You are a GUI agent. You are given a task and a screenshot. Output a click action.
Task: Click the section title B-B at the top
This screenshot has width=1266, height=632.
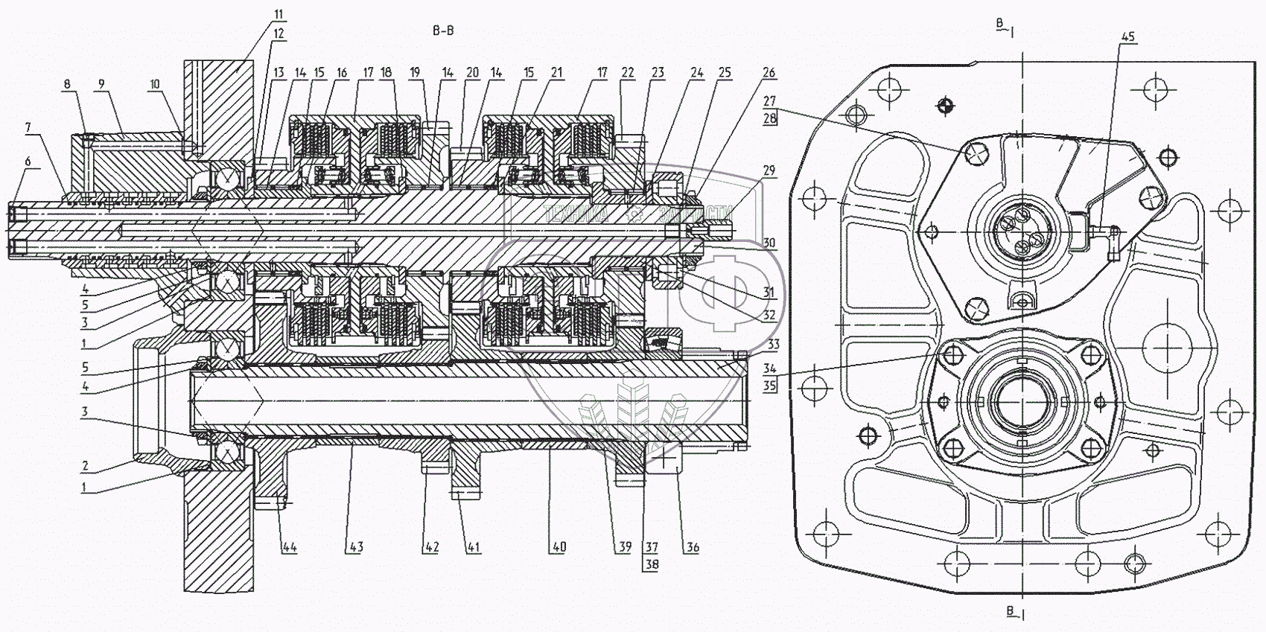(442, 31)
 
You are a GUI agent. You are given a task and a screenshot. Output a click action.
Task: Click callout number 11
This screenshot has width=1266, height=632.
(279, 15)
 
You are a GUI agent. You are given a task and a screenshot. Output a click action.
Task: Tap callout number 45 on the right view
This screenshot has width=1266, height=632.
(1128, 36)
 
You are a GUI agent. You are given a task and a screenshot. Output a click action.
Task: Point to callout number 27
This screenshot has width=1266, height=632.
(770, 101)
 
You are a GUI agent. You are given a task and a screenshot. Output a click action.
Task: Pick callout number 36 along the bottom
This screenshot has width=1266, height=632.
(693, 547)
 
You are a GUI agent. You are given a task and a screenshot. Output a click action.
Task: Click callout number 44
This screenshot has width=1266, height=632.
(289, 547)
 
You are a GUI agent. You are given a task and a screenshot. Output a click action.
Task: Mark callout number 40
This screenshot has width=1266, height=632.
(559, 547)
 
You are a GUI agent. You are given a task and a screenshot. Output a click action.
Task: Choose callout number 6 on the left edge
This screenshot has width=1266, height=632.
(28, 162)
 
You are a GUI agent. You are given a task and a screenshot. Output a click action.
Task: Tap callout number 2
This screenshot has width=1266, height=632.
(86, 466)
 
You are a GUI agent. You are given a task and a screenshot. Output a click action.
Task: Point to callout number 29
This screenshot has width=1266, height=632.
(769, 170)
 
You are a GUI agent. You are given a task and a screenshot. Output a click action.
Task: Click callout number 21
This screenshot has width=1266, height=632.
(556, 72)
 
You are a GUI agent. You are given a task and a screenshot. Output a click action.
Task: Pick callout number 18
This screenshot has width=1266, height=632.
(386, 72)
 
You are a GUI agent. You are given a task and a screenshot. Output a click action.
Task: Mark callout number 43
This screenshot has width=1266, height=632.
(355, 547)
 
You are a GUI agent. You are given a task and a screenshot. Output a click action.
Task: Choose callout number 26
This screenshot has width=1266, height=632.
(769, 72)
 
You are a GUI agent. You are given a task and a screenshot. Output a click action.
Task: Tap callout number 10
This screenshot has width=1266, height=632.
(154, 84)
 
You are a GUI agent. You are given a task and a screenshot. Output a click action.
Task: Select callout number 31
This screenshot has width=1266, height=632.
(769, 293)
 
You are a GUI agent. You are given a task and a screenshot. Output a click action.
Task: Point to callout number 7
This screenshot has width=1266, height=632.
(28, 129)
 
